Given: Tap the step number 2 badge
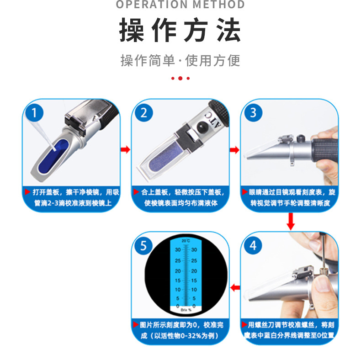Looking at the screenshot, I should point(144,112).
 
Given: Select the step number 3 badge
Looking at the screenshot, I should point(253,112).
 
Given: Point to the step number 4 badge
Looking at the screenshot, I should point(253,245).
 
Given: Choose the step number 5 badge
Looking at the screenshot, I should point(144,246).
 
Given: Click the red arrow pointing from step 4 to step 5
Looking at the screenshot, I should point(234,287).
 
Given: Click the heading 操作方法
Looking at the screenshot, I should point(180,31).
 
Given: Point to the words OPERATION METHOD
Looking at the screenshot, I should point(180,5).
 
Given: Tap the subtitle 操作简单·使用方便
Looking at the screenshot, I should point(180,60).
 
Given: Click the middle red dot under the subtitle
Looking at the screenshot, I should point(180,79).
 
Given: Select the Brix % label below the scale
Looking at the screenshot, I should point(185,310).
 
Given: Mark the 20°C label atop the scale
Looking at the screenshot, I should point(185,240).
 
